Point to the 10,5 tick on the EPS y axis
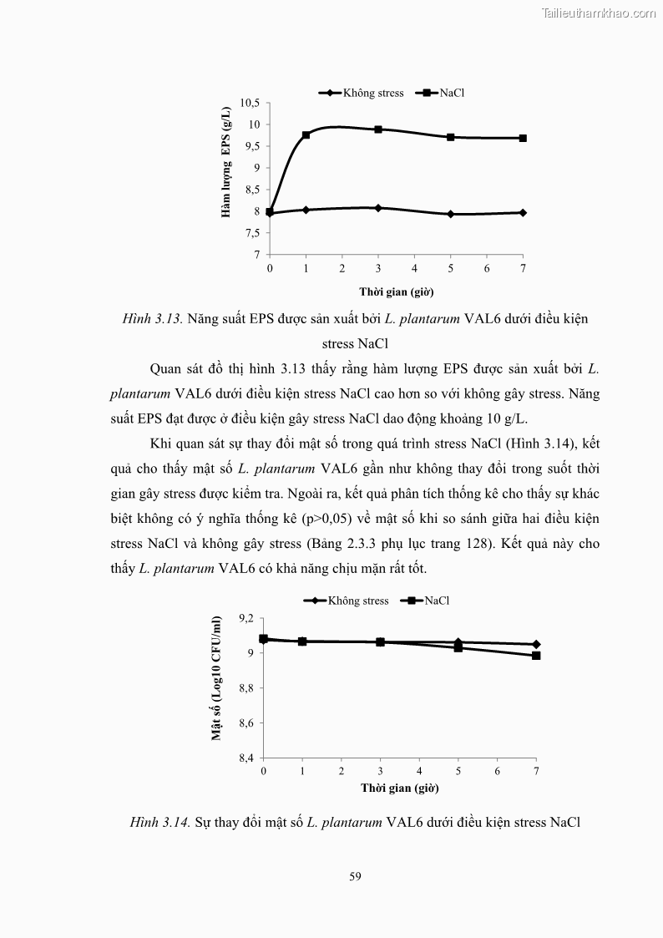tap(250, 103)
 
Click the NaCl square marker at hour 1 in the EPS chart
tap(306, 134)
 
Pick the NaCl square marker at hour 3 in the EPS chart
tap(378, 129)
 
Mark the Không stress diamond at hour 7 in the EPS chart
tap(523, 213)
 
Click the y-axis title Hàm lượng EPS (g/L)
tap(225, 164)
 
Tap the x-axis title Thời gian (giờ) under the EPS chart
tap(396, 292)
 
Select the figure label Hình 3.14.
tap(160, 823)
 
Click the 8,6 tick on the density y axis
tap(245, 723)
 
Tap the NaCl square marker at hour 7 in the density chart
tap(536, 656)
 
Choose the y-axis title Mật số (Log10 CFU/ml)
tap(216, 679)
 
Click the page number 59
tap(355, 876)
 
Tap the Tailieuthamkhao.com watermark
tap(600, 13)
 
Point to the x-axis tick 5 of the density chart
tap(458, 770)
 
